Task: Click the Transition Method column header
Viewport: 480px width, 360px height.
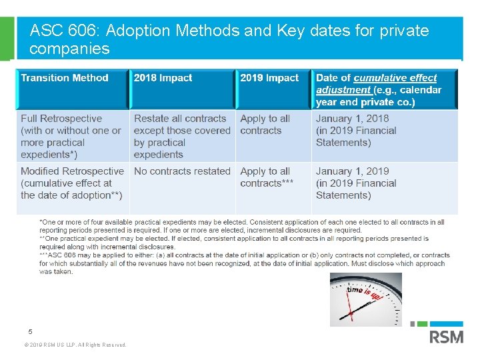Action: tap(65, 78)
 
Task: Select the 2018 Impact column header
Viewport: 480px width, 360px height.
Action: tap(163, 78)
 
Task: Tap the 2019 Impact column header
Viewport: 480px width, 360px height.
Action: tap(269, 78)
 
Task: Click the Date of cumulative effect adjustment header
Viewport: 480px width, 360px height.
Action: tap(379, 89)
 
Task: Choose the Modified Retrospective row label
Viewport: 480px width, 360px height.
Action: tap(72, 183)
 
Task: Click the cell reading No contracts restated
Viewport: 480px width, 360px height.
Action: tap(182, 171)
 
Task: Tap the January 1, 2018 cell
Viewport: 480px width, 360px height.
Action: tap(356, 130)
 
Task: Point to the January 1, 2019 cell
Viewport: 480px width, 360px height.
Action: tap(356, 183)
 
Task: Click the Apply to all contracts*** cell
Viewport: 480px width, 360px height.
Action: tap(267, 177)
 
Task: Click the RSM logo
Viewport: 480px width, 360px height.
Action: tap(445, 334)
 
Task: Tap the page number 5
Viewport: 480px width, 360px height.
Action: tap(30, 331)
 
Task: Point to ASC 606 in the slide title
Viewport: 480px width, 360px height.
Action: tap(65, 31)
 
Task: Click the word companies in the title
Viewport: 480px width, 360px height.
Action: tap(69, 49)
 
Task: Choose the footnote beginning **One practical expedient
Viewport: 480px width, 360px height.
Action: tap(234, 242)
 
